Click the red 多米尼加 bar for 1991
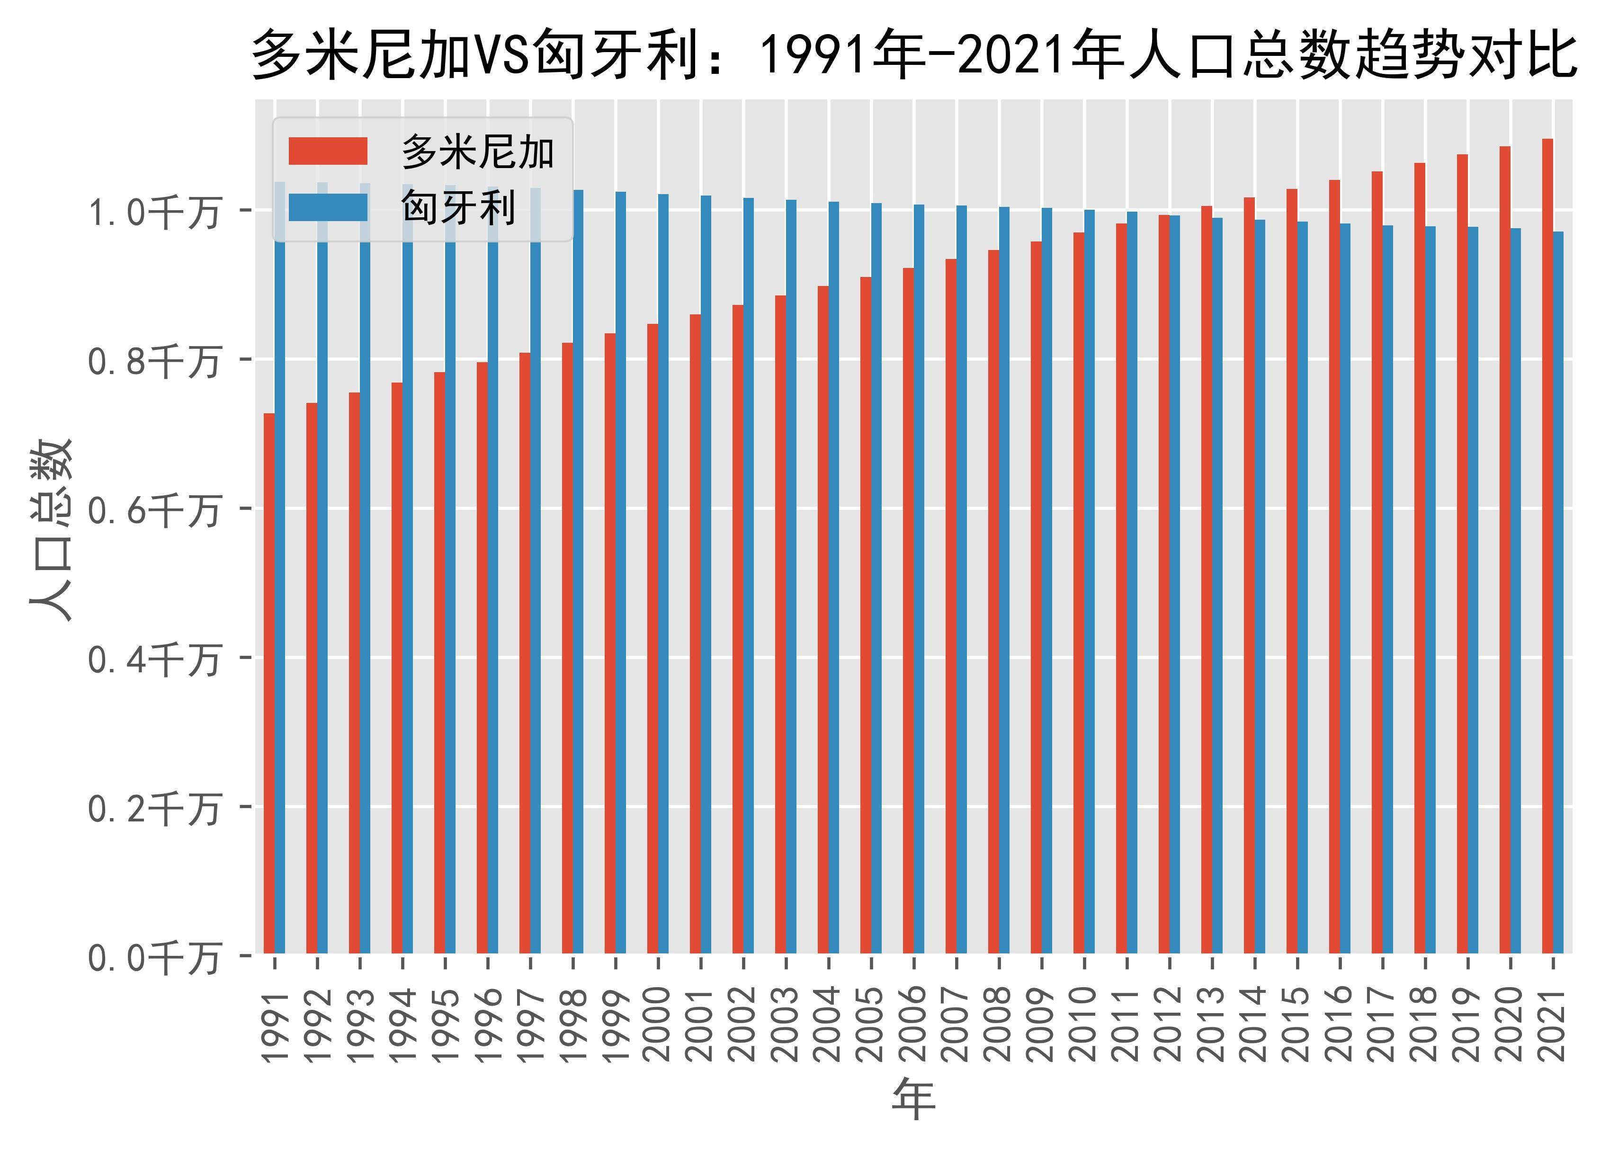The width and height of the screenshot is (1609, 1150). [269, 683]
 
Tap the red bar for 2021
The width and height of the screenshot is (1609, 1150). [1547, 545]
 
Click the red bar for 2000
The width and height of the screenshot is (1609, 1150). [652, 637]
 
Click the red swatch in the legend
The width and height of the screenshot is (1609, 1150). [328, 151]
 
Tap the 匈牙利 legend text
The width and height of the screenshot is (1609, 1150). [457, 207]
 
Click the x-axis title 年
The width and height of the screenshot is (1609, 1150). [913, 1100]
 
